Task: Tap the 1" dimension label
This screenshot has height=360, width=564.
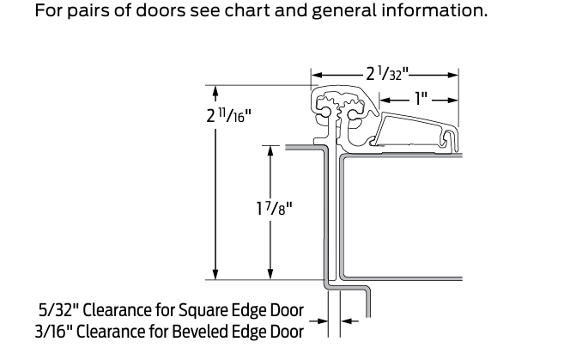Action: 421,99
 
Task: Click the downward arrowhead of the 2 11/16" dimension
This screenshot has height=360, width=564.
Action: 215,273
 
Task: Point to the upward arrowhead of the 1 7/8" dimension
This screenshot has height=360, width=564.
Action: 271,150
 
